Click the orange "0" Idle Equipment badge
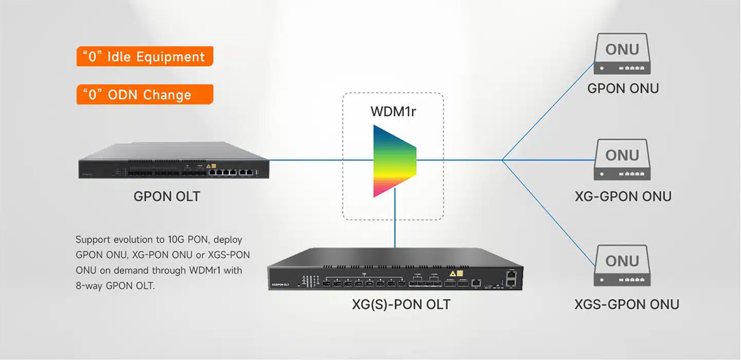[x=144, y=57]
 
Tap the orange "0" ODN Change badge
[x=144, y=94]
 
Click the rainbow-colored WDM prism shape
[x=394, y=161]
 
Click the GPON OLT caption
[x=167, y=197]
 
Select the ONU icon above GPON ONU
[x=622, y=56]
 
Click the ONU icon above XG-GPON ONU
[x=622, y=161]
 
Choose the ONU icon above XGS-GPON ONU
[x=622, y=266]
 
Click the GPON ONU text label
[x=622, y=88]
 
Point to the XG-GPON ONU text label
[x=622, y=196]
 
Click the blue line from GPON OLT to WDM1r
[x=309, y=161]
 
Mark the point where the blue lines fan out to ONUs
[x=503, y=161]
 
